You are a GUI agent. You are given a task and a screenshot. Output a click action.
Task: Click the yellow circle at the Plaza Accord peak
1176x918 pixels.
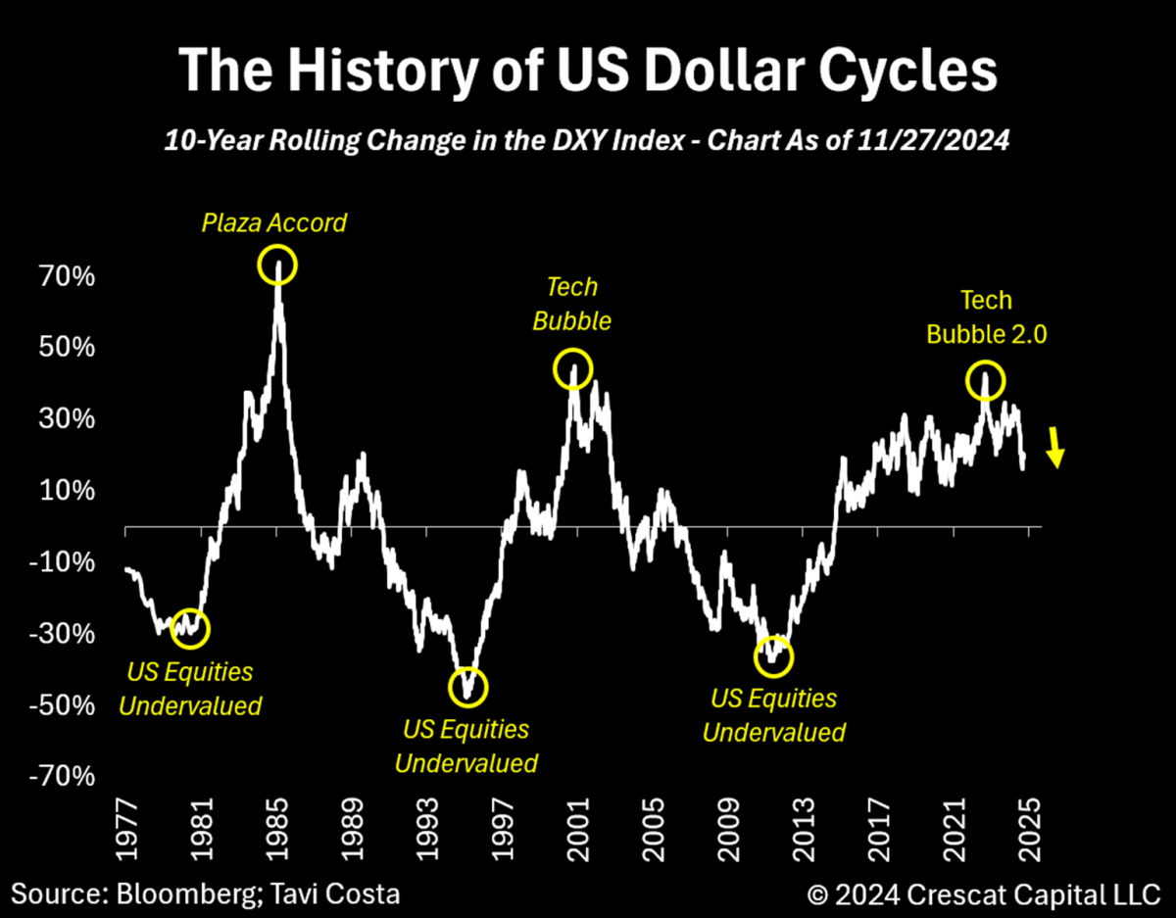click(277, 265)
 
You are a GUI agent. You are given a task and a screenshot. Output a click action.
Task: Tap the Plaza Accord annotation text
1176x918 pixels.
click(274, 222)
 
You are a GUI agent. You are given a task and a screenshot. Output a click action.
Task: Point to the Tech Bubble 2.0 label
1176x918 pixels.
click(987, 316)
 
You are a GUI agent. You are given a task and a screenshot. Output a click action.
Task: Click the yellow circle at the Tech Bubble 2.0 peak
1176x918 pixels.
click(986, 378)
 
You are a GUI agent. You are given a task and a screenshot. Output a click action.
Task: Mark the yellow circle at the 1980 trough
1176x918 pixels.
click(189, 628)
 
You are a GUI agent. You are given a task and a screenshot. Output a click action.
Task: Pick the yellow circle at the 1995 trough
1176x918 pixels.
click(467, 687)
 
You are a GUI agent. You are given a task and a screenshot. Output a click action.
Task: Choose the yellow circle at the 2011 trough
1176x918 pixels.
click(773, 654)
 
